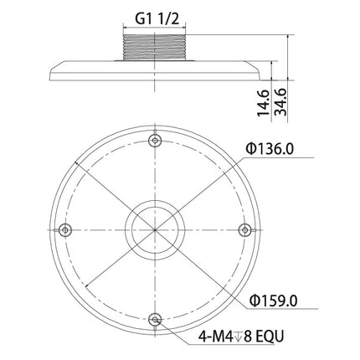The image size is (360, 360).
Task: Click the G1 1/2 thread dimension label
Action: pos(157,19)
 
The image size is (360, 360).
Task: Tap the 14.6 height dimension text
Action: pos(263,103)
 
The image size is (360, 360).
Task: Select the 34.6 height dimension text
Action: pos(280,102)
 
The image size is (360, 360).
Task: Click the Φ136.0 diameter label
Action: pos(270,149)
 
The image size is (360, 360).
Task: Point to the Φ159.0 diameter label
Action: pos(274,301)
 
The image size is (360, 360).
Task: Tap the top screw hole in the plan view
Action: pos(155,141)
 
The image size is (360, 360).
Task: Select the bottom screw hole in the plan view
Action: pos(155,319)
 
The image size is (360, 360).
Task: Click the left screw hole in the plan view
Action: pos(65,230)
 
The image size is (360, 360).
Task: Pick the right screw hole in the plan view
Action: pos(244,230)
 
